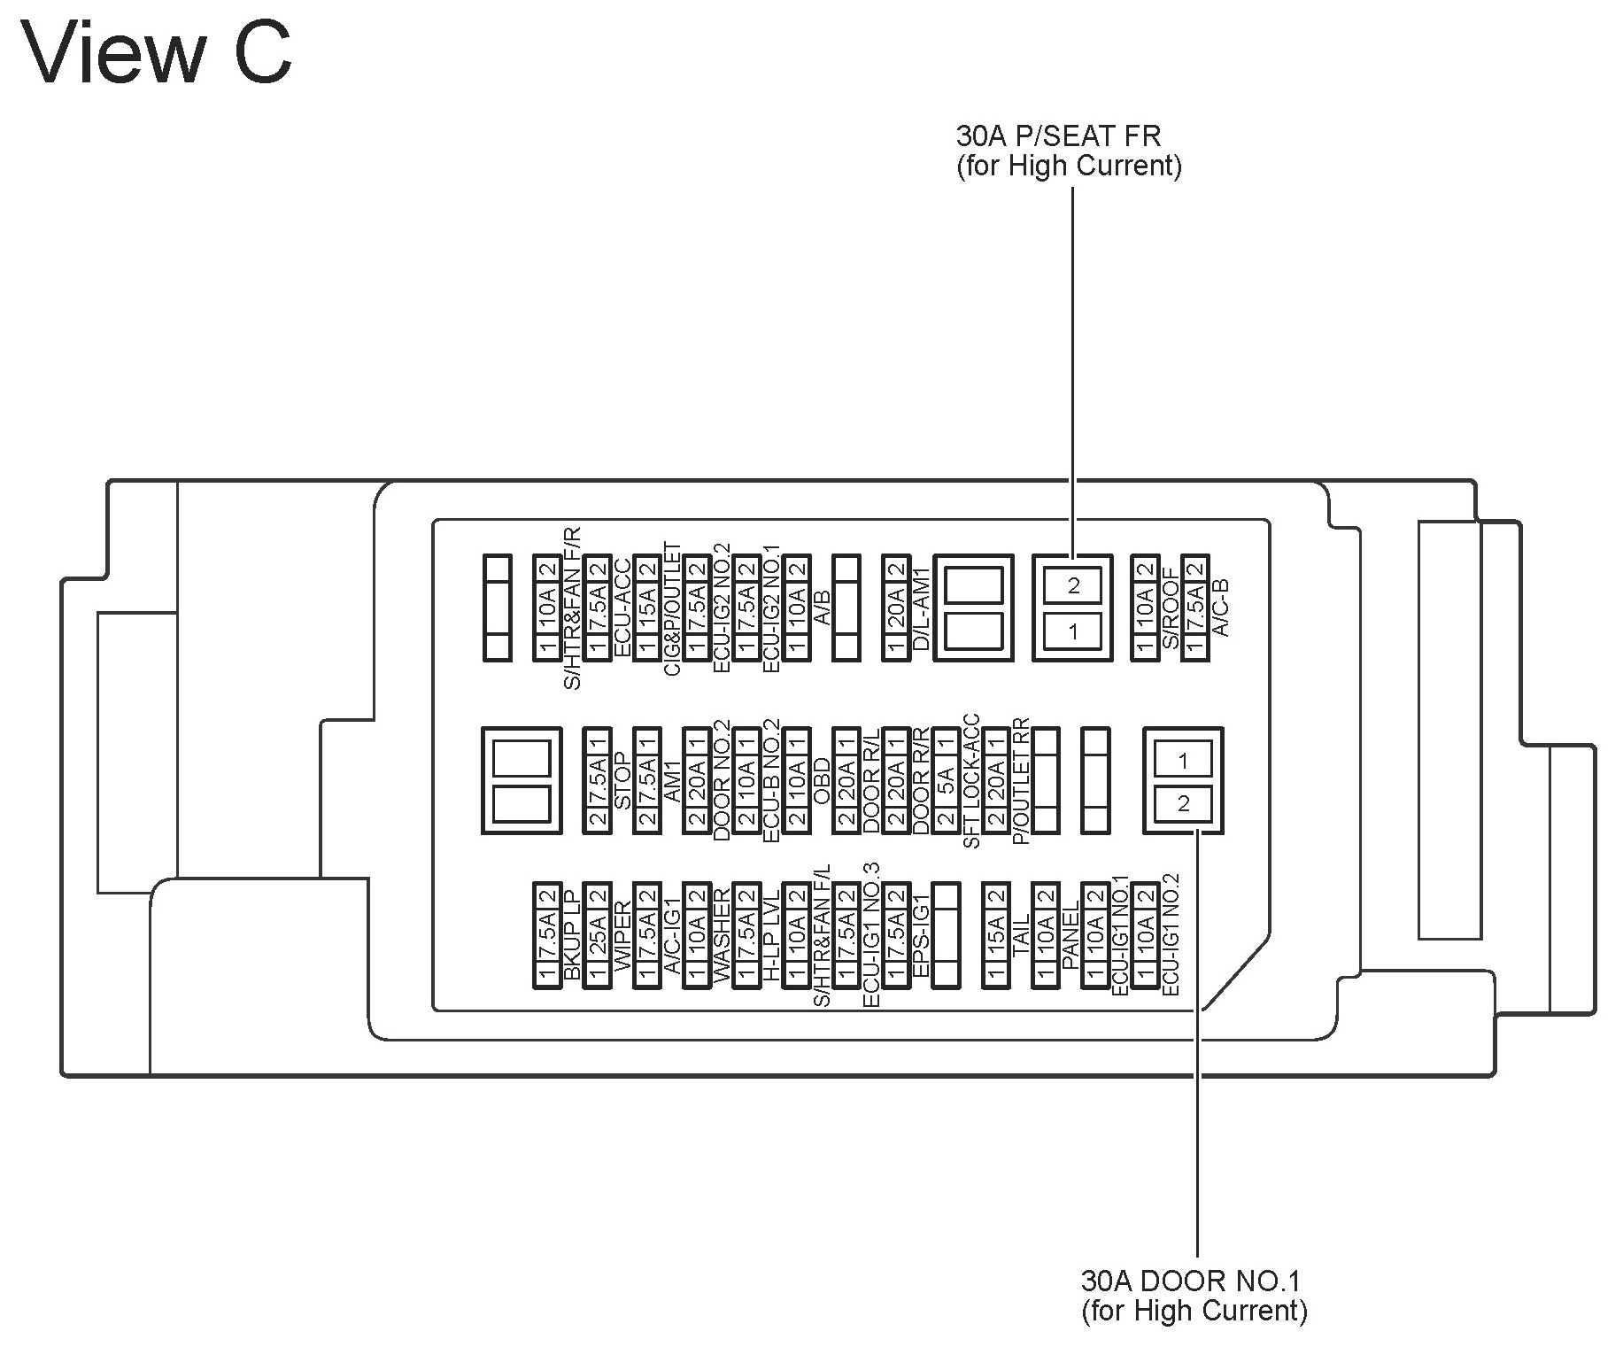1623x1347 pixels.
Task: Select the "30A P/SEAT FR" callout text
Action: click(x=1058, y=136)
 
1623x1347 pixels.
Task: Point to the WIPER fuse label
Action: click(x=622, y=935)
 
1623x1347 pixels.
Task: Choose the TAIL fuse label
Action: click(x=1020, y=935)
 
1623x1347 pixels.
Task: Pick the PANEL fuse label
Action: click(x=1070, y=935)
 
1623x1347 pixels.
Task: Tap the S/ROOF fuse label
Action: click(x=1170, y=609)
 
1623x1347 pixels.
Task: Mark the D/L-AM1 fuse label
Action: click(x=921, y=609)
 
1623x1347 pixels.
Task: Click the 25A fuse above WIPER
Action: click(x=598, y=935)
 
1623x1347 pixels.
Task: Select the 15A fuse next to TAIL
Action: click(x=995, y=935)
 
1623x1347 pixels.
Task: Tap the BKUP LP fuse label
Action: click(x=573, y=935)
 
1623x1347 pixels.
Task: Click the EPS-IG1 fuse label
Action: click(x=921, y=935)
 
